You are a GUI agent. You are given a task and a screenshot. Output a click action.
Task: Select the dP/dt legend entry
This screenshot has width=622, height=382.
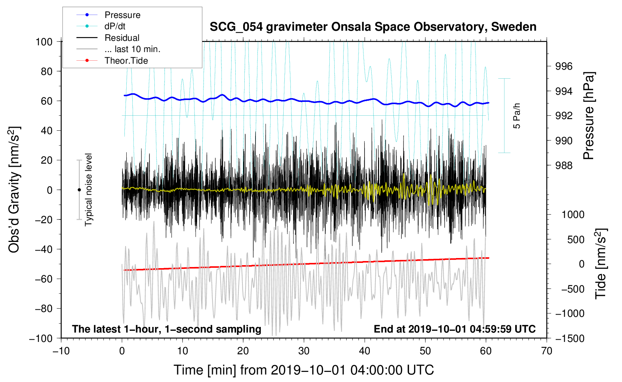point(115,26)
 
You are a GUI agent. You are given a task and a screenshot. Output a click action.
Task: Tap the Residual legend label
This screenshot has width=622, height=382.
point(122,38)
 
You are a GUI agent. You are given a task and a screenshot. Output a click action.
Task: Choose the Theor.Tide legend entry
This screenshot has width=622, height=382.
point(126,61)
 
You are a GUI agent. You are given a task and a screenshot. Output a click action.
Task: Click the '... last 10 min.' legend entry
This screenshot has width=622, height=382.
point(132,49)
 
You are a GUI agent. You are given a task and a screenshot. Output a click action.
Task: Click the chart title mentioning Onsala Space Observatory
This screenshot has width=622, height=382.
point(373,27)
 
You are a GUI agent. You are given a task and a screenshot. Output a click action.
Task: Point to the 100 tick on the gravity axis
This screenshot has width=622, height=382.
point(44,42)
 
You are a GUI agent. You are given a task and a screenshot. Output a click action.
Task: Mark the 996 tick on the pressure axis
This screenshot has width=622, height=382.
point(564,66)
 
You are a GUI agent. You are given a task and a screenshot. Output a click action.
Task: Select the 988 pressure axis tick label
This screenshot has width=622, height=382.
point(564,165)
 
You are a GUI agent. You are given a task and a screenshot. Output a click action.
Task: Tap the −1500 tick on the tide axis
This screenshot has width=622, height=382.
point(570,338)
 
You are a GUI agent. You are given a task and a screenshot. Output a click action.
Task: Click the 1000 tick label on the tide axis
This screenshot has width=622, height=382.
point(573,215)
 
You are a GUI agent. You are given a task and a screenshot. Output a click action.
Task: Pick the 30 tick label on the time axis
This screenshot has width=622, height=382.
point(304,351)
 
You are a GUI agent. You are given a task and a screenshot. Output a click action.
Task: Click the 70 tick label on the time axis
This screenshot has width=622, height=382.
point(547,351)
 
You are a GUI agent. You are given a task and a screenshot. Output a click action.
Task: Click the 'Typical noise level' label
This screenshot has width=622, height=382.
point(88,190)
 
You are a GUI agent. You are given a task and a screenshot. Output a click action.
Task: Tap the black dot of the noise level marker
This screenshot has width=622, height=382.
point(79,190)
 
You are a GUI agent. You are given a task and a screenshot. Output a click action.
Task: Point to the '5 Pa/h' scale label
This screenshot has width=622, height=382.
point(517,115)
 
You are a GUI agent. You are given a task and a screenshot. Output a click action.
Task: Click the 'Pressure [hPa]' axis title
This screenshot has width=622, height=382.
point(589,116)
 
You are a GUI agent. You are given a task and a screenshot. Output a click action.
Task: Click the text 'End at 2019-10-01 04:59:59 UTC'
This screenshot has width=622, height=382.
point(455,329)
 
